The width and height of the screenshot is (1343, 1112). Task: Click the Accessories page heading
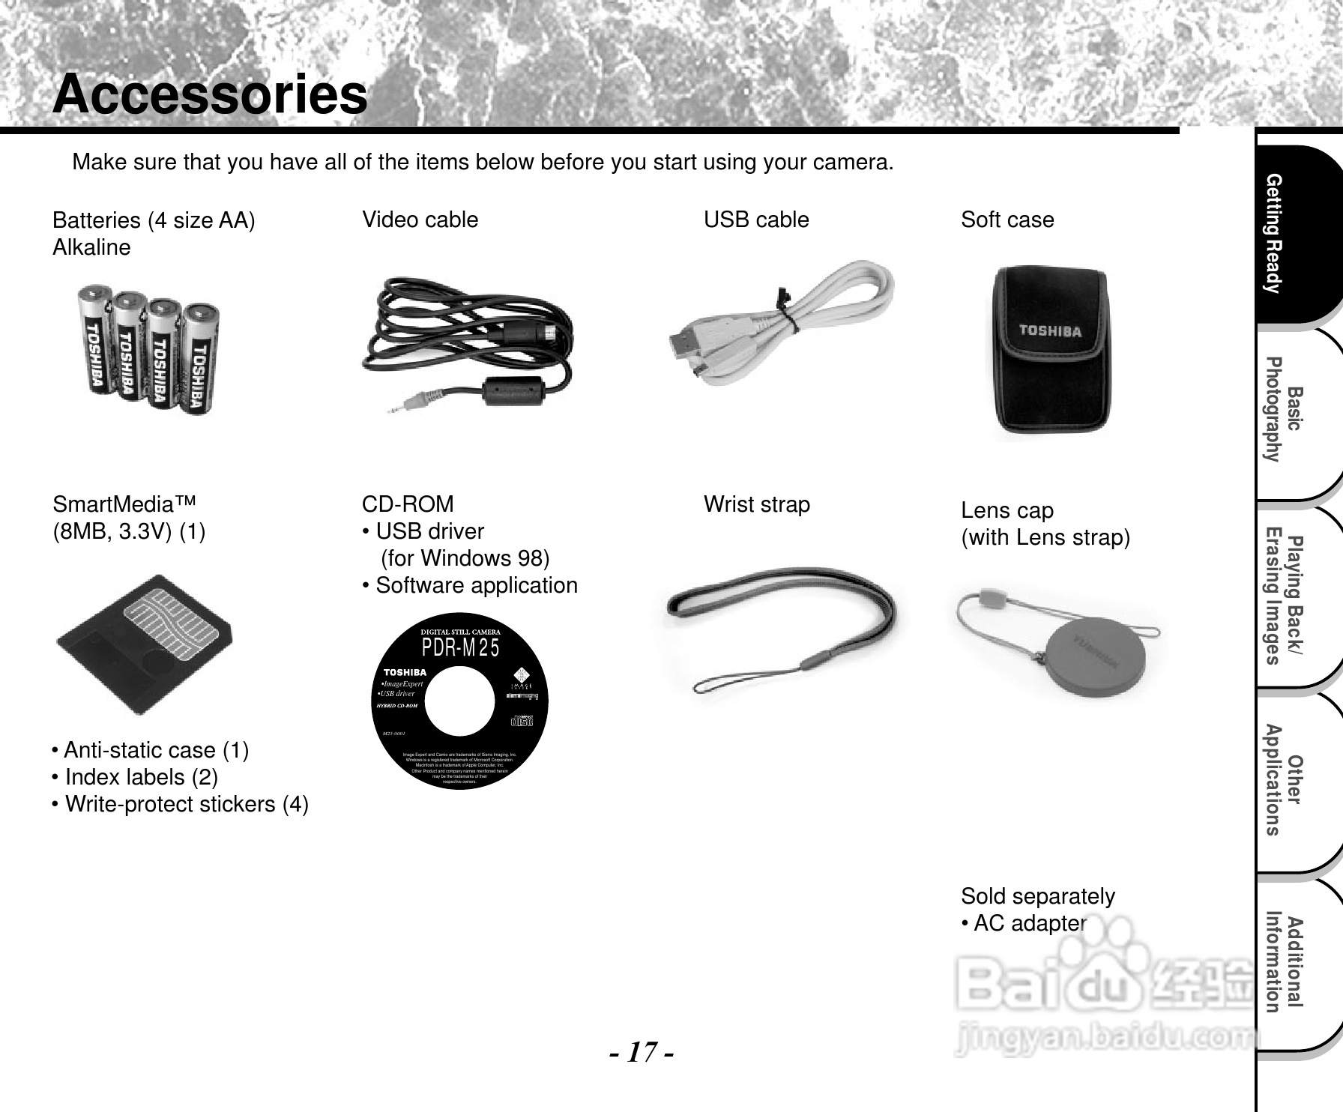click(x=210, y=95)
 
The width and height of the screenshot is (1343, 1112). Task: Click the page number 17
click(x=642, y=1053)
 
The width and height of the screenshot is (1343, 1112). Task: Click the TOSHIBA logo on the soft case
click(x=1049, y=330)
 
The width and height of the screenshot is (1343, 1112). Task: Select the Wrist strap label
click(x=757, y=504)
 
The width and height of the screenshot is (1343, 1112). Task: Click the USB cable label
click(x=756, y=220)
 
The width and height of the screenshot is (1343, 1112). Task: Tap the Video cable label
click(x=420, y=220)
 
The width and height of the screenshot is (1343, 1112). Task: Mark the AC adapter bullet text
click(x=1024, y=923)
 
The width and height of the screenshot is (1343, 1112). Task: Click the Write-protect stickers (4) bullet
click(x=180, y=804)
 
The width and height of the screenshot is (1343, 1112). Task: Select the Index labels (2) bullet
click(x=135, y=777)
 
